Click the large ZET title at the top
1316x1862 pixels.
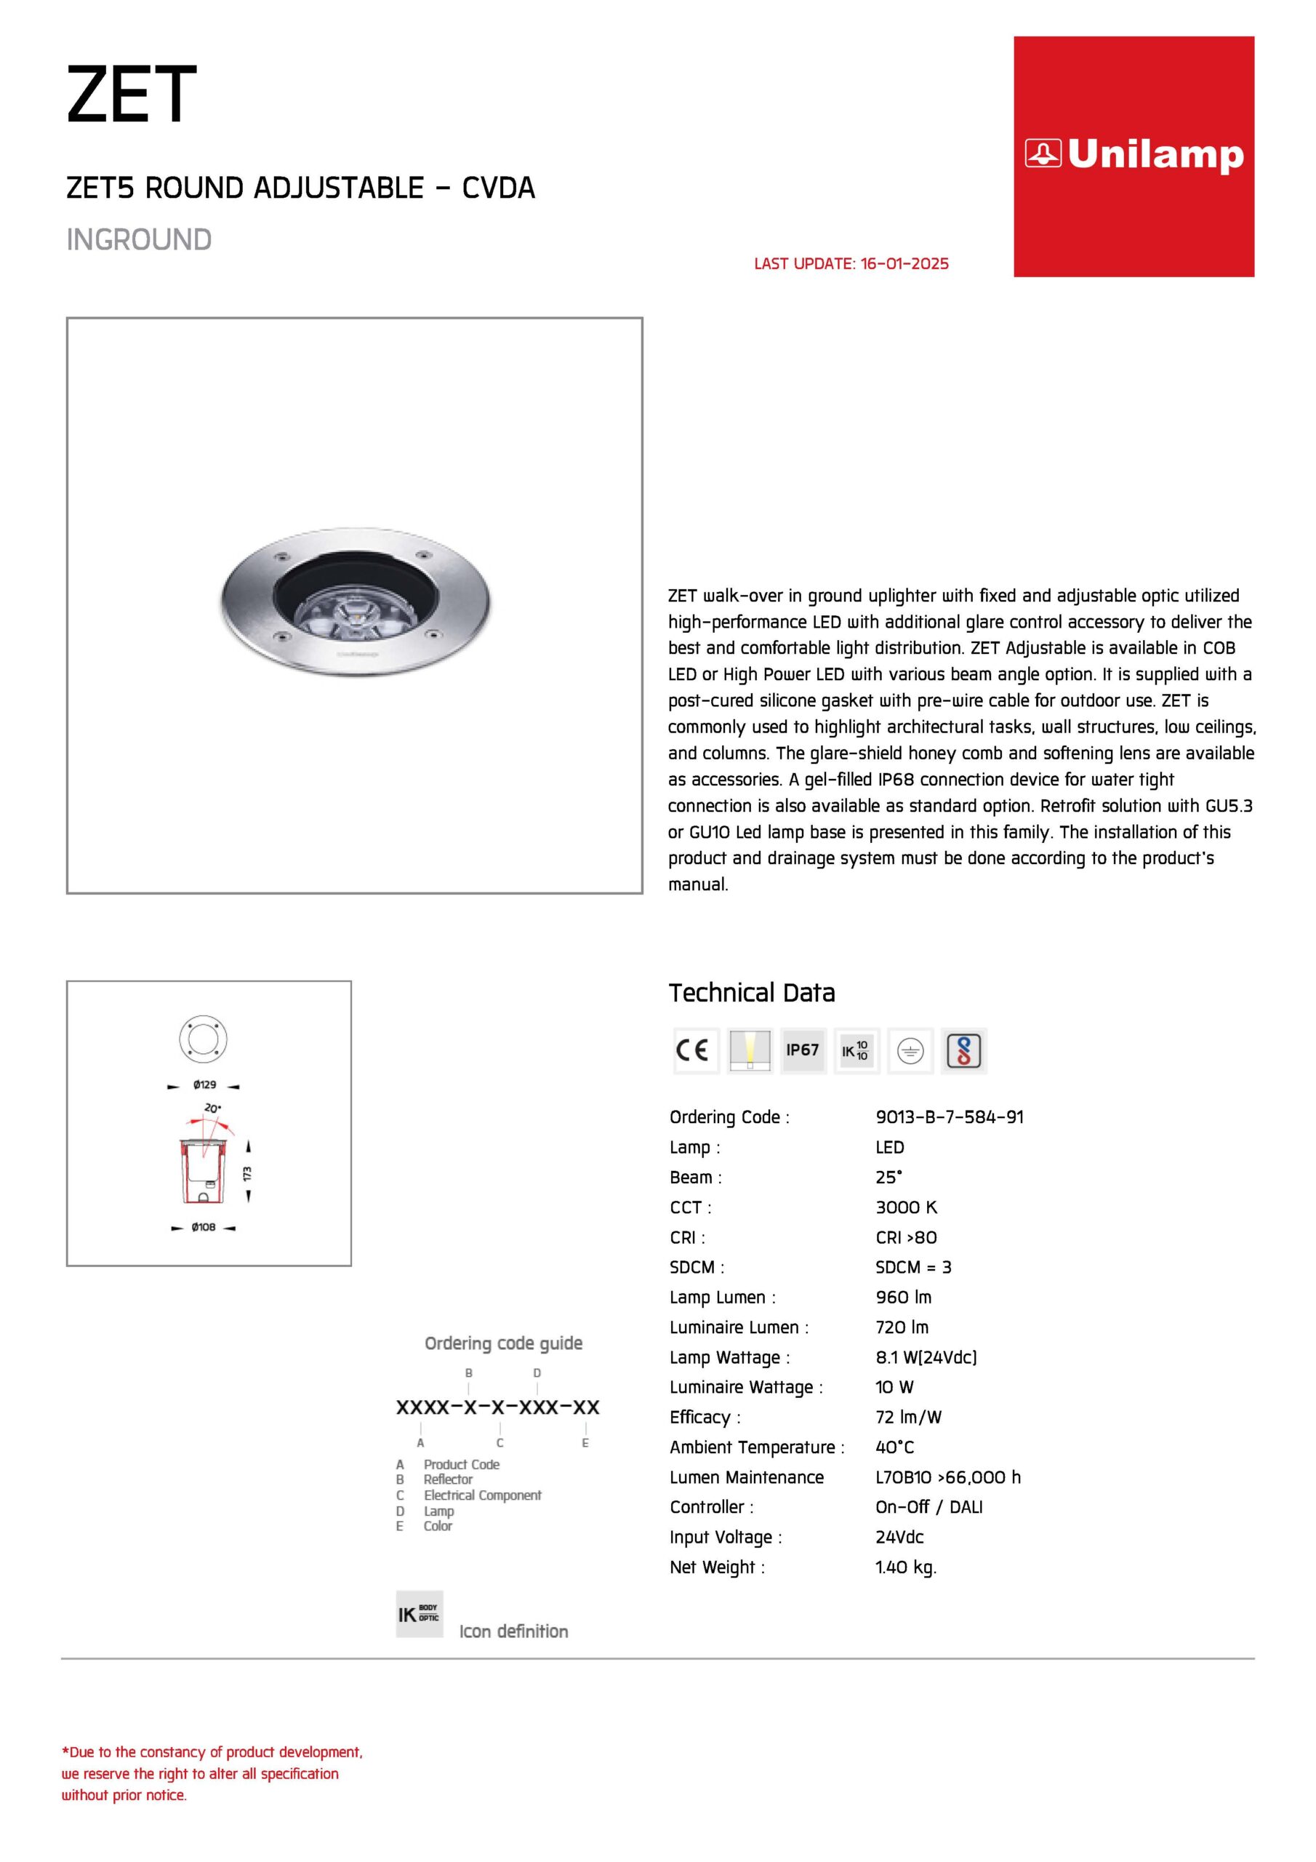(x=132, y=95)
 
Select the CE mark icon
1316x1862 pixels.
(x=695, y=1050)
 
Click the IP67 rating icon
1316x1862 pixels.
(x=802, y=1050)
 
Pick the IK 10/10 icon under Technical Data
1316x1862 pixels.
(x=856, y=1050)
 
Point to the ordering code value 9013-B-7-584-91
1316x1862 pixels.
(x=949, y=1116)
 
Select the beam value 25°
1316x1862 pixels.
(x=888, y=1177)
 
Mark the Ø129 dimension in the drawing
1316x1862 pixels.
(x=204, y=1084)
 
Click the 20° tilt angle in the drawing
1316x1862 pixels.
(x=212, y=1108)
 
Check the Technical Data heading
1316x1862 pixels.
(x=751, y=993)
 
